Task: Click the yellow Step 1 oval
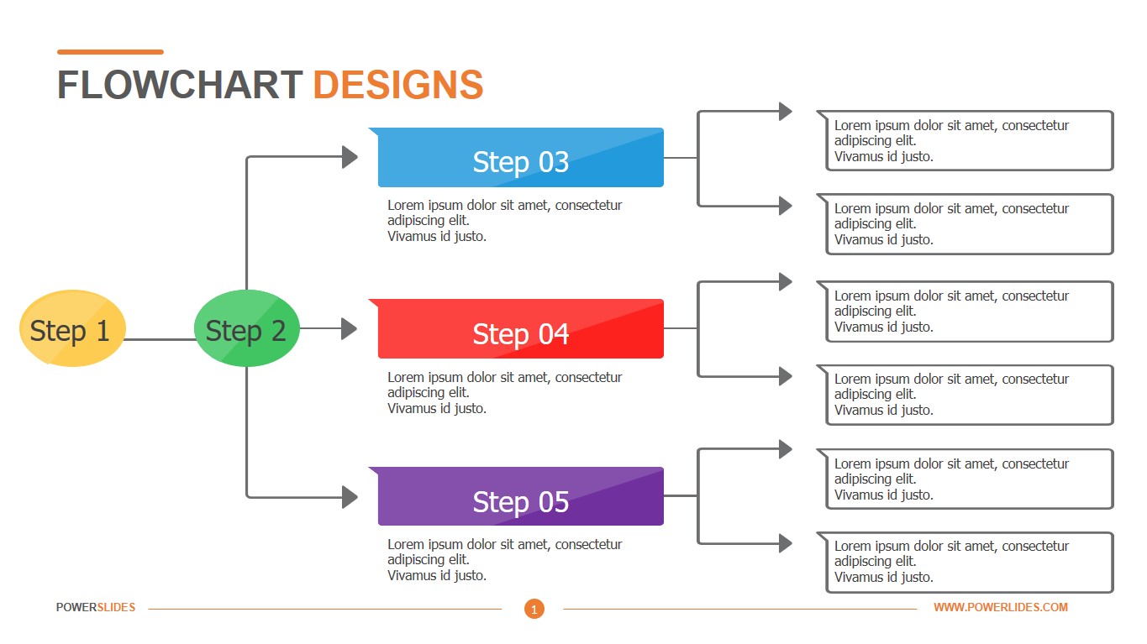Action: click(x=72, y=328)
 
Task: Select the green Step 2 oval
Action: click(x=246, y=328)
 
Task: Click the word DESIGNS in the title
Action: click(x=397, y=86)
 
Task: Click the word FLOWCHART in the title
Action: click(x=180, y=86)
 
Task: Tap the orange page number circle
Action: click(x=534, y=609)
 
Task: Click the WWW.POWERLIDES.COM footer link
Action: click(x=1000, y=607)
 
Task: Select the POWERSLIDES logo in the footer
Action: click(x=96, y=607)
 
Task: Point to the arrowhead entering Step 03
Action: click(x=350, y=157)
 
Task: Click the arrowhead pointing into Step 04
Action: click(x=349, y=328)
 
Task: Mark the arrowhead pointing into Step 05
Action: click(x=350, y=496)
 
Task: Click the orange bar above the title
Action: click(x=110, y=52)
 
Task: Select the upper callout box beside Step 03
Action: click(x=969, y=141)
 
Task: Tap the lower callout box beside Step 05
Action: click(x=969, y=562)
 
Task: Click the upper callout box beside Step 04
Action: click(x=969, y=312)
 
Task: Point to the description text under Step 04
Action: click(x=504, y=393)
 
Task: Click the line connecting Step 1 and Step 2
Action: click(x=160, y=340)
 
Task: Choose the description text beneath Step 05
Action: click(x=504, y=560)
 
